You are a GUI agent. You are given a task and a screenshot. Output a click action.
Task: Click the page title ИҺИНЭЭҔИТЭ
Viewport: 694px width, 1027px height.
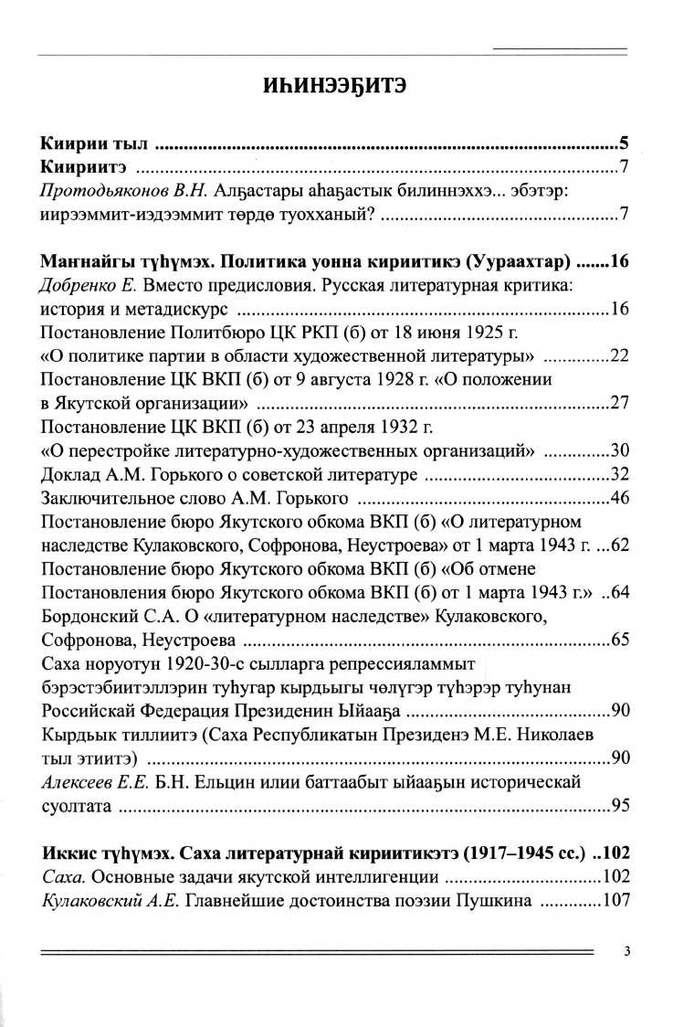click(x=346, y=89)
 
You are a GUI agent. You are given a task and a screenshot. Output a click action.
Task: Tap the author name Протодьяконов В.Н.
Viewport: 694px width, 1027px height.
click(x=114, y=191)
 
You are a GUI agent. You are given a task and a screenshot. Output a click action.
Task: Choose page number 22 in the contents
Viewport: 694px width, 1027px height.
click(x=620, y=355)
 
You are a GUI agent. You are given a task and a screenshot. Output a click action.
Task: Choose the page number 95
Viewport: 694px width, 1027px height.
click(x=620, y=806)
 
